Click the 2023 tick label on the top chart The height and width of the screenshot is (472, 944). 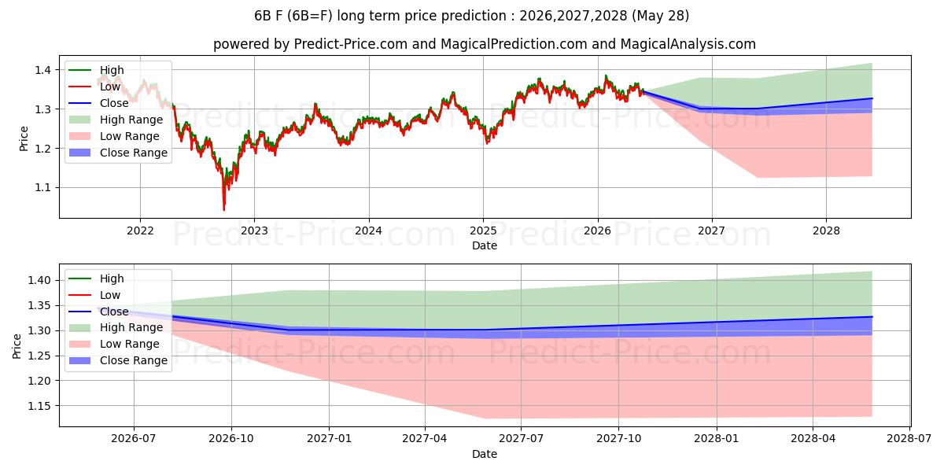(x=254, y=231)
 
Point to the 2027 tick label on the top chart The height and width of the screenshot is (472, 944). (x=712, y=231)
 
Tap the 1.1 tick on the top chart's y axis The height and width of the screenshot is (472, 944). (x=42, y=187)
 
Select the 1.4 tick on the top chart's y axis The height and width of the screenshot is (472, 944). (x=42, y=70)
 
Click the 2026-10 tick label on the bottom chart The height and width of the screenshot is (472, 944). (x=231, y=439)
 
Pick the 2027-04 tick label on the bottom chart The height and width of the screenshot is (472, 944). (x=425, y=439)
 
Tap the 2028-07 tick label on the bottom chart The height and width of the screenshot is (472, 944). (x=909, y=439)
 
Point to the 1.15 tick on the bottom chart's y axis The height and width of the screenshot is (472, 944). (x=39, y=406)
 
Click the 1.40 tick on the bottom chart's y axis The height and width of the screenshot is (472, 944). (x=39, y=280)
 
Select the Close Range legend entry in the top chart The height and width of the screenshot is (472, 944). (x=119, y=153)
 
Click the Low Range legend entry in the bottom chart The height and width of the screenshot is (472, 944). (x=114, y=344)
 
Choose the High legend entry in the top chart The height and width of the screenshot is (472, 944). (x=97, y=70)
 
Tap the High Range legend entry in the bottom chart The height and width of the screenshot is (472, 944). (x=116, y=327)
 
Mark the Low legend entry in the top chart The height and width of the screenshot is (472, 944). (x=95, y=87)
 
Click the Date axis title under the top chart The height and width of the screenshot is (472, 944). (x=485, y=245)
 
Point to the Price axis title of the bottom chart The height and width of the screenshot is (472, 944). (x=17, y=346)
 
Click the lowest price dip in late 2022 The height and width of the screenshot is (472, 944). (x=223, y=209)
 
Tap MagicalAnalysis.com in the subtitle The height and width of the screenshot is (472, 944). (x=688, y=44)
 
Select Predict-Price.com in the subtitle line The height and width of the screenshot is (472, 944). (x=351, y=44)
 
